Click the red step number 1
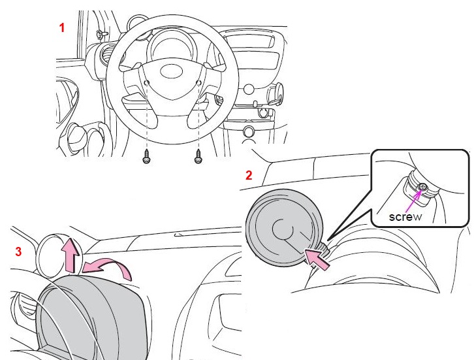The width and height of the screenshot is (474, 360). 62,28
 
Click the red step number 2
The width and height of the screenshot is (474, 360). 249,176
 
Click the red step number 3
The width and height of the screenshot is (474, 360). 18,252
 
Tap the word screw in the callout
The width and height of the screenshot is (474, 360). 405,217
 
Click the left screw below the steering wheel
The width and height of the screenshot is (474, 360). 146,156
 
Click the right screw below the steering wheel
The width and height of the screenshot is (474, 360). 198,156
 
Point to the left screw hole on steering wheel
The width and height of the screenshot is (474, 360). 147,83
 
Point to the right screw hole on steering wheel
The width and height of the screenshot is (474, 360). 198,82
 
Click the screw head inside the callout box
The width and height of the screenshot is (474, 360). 422,187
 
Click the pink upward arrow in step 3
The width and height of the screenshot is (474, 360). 71,255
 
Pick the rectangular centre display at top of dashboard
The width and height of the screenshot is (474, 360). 249,41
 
